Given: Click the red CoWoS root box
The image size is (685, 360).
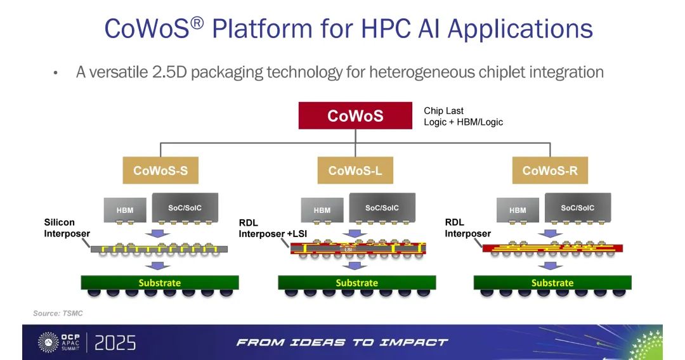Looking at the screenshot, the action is [x=355, y=115].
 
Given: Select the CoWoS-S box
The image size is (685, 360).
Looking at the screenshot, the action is [x=160, y=170].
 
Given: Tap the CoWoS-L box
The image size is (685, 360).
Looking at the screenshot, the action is [x=355, y=170].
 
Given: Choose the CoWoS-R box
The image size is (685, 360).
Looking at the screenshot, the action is [x=550, y=170].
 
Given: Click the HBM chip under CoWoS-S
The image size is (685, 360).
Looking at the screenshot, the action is [x=125, y=210].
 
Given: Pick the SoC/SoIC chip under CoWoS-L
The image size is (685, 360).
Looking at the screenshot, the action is [x=382, y=208].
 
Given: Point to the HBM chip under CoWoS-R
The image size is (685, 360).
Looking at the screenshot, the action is [x=518, y=210].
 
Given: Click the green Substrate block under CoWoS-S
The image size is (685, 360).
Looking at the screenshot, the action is [x=160, y=282].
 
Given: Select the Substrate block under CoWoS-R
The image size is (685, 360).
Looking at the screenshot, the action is [x=552, y=282].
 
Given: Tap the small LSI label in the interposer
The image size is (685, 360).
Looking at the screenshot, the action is [x=348, y=250].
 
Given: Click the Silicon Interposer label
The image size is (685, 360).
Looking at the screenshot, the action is [x=67, y=228].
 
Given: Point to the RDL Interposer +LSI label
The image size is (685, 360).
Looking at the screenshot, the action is [x=273, y=228].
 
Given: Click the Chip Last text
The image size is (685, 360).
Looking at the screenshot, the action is [x=443, y=111].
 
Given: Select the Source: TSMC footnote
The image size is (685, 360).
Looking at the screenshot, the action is [x=58, y=313].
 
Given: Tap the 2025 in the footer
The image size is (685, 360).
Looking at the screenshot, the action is [x=115, y=343].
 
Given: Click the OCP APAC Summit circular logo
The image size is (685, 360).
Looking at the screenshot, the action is [x=48, y=342].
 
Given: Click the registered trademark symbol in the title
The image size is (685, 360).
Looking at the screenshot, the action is [x=197, y=22].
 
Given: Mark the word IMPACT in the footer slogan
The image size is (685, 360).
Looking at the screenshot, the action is [x=414, y=342].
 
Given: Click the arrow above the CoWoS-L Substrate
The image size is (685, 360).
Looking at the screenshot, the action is [x=355, y=266].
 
